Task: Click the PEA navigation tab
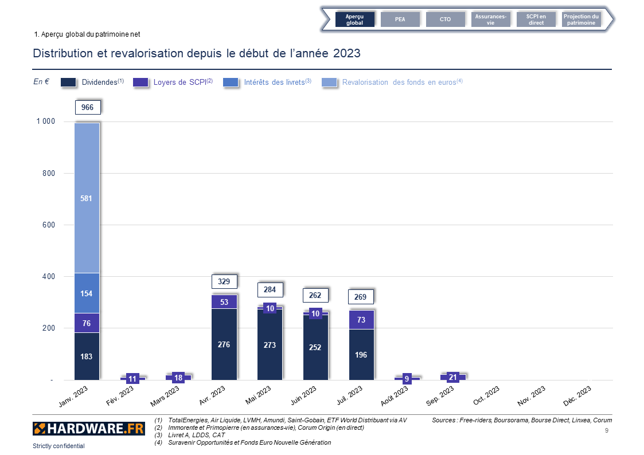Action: tap(400, 19)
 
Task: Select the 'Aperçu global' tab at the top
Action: tap(354, 19)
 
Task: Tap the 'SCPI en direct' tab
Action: tap(536, 19)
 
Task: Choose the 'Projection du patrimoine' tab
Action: tap(581, 19)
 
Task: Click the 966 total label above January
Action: tap(87, 107)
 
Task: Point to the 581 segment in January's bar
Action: tap(87, 198)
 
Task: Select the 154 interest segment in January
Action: tap(87, 293)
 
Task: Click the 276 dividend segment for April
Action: tap(224, 345)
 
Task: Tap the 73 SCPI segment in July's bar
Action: tap(361, 320)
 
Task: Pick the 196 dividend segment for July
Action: tap(361, 355)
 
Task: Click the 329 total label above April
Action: tap(224, 281)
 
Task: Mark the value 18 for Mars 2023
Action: tap(178, 378)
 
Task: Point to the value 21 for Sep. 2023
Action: tap(453, 377)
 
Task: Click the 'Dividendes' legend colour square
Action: tap(68, 83)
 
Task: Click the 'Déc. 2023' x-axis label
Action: tap(577, 396)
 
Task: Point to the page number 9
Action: tap(607, 430)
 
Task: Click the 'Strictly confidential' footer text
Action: tap(58, 446)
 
